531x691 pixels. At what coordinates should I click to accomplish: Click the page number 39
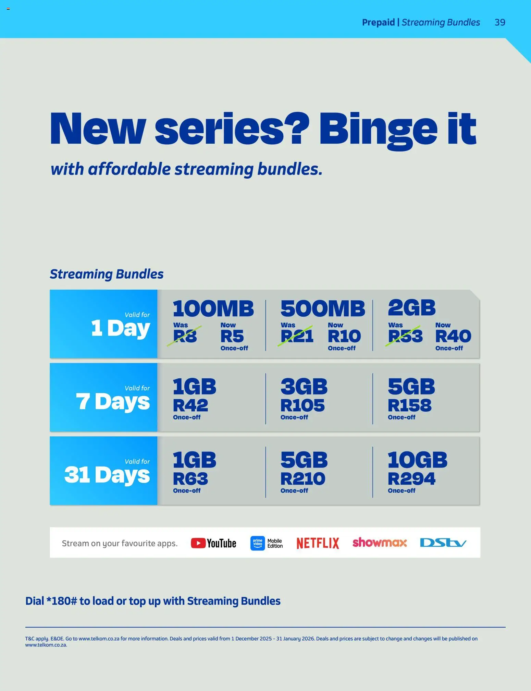500,22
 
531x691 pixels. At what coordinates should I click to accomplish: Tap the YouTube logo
213,543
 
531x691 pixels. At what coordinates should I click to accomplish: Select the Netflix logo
318,543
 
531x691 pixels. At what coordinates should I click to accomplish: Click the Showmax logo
380,542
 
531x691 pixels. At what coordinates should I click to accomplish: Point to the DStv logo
443,543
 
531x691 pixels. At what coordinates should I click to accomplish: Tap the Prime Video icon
258,543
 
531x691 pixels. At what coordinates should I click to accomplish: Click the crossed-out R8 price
185,336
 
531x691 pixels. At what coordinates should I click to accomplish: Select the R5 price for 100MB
232,336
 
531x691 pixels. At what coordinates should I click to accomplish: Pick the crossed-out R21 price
297,336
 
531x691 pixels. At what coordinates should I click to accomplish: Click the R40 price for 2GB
453,336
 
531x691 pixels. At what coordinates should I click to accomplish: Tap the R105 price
302,405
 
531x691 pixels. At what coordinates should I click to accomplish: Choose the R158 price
409,405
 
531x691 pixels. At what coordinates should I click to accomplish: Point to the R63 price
190,479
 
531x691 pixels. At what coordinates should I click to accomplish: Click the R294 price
411,479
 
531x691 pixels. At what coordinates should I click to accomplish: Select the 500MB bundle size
323,308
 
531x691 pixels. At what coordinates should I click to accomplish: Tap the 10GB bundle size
417,460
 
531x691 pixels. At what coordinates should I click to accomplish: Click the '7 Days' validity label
113,401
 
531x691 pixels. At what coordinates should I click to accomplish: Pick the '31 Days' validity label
107,475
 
